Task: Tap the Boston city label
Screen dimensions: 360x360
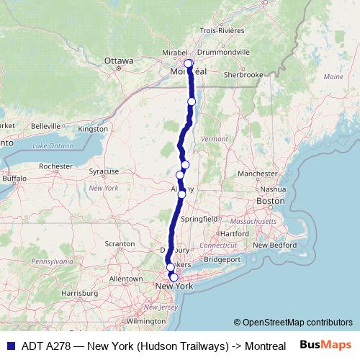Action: click(271, 201)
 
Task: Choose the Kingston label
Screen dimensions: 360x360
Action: click(91, 129)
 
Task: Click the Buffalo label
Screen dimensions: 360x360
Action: click(14, 178)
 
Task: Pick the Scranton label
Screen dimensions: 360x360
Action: click(121, 245)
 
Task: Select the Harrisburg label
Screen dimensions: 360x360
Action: click(79, 293)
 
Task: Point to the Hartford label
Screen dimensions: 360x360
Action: click(235, 234)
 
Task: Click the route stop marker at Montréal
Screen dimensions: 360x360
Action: click(189, 64)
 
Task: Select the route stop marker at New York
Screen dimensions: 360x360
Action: click(174, 276)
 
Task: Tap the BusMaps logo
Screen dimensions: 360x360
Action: click(325, 346)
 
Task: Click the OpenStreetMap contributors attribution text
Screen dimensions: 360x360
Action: click(293, 322)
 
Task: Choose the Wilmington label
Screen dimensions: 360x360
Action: click(146, 321)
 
